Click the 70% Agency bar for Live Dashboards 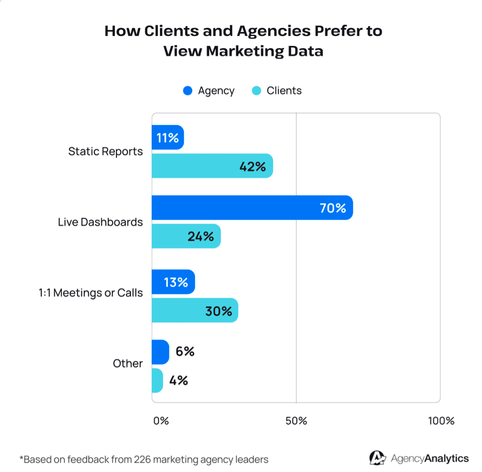[x=252, y=208]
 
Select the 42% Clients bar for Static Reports [x=212, y=166]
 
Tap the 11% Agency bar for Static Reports [x=168, y=138]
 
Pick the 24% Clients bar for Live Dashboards [x=186, y=236]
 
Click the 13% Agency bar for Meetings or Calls [x=173, y=282]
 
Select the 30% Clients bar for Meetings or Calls [x=195, y=310]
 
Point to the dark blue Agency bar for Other [x=161, y=352]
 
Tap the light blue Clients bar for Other [x=157, y=380]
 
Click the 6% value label [x=185, y=352]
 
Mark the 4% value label [x=178, y=380]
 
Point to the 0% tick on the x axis [x=161, y=421]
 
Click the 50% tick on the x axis [x=296, y=421]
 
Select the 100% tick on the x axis [x=441, y=421]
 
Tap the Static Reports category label [x=105, y=152]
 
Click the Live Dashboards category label [x=100, y=222]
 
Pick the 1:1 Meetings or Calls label [x=91, y=293]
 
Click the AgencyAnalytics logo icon [x=377, y=458]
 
